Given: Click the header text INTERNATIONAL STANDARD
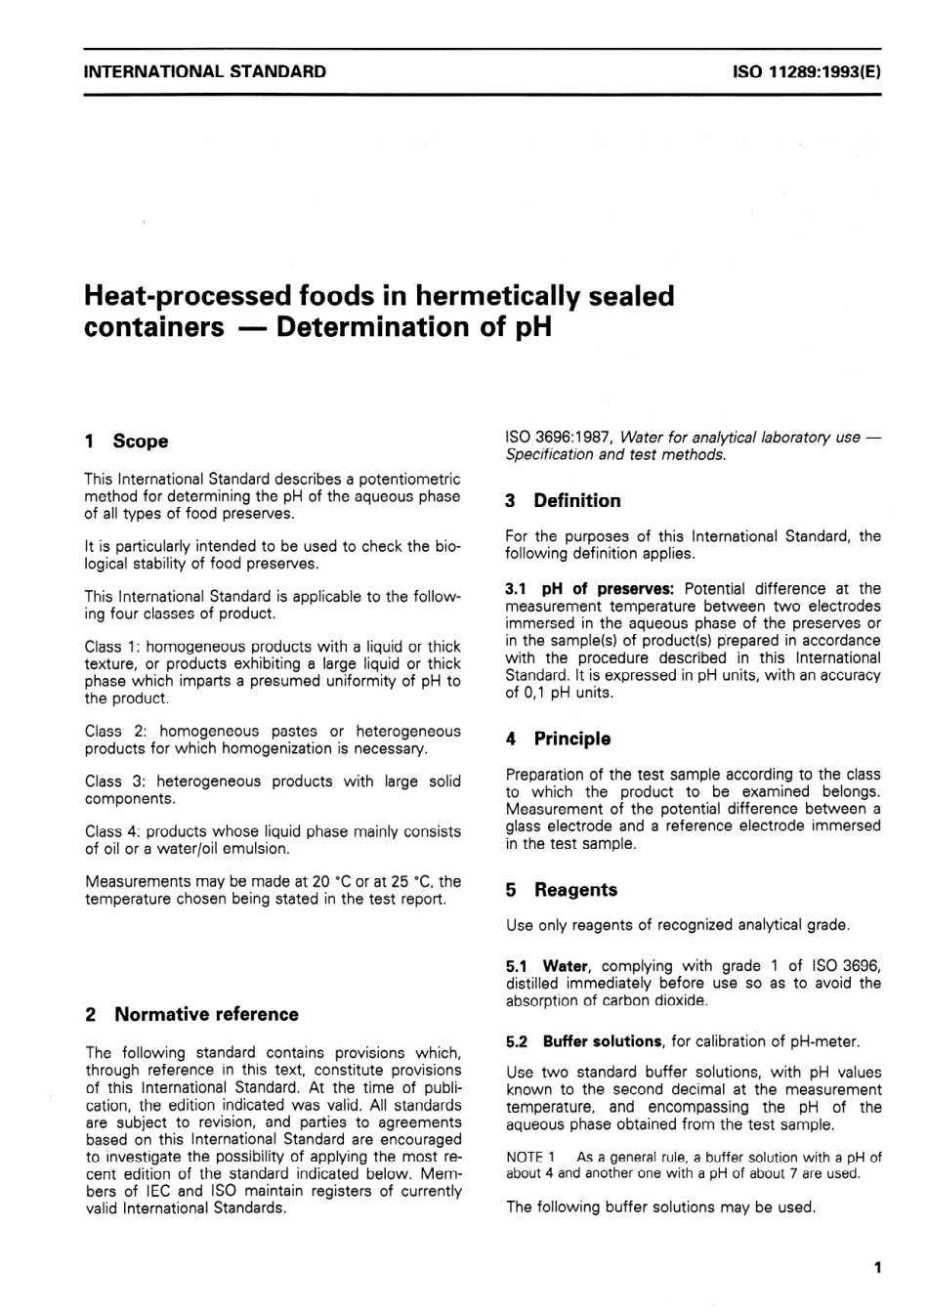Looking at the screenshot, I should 205,71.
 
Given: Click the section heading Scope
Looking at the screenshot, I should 140,442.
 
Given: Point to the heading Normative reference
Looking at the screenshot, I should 206,1014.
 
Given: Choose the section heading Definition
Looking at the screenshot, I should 576,501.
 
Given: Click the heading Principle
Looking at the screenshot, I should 571,740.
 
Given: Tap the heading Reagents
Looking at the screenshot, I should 575,890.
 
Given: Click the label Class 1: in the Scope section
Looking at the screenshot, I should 111,647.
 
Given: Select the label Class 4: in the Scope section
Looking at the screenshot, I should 111,831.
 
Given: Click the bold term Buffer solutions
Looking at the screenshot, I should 603,1041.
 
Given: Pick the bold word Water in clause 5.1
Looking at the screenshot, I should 566,966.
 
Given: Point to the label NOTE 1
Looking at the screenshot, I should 530,1157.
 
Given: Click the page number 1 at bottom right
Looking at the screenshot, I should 877,1268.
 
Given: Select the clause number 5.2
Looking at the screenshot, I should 518,1041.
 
